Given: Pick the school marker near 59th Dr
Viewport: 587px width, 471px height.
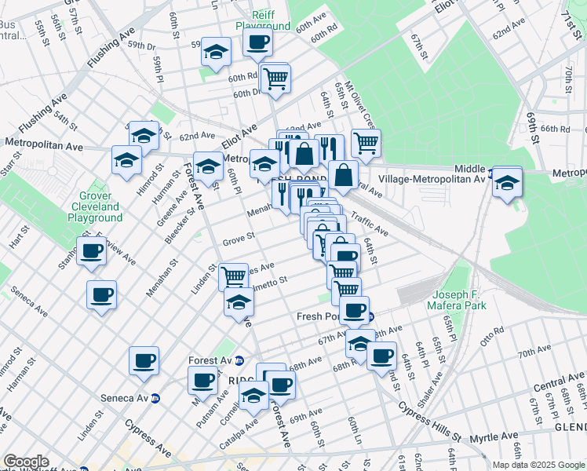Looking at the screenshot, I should point(216,53).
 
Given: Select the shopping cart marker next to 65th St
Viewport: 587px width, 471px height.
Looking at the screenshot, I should point(365,144).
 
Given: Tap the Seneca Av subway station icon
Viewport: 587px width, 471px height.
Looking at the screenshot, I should point(155,398).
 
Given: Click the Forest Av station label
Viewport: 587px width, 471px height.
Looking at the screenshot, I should point(210,360).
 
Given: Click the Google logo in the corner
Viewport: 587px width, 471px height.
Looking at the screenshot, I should point(26,462).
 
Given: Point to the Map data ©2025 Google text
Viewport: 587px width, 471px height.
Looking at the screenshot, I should point(538,465).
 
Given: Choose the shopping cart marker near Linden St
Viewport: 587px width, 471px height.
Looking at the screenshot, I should point(233,276).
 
